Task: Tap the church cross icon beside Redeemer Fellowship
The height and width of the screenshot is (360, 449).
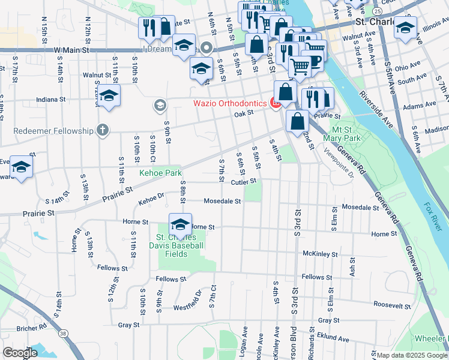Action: pos(103,130)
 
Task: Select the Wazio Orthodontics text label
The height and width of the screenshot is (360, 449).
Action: pos(229,103)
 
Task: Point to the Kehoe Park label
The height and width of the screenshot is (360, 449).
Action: pos(160,173)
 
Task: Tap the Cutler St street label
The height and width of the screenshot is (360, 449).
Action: pos(244,181)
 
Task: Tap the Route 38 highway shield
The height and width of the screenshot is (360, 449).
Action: pos(64,334)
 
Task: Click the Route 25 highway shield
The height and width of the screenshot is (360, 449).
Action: pos(376,11)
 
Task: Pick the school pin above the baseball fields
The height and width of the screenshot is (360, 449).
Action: pos(180,225)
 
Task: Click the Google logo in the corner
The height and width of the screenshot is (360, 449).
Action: pos(20,352)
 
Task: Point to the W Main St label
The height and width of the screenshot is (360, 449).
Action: pos(71,50)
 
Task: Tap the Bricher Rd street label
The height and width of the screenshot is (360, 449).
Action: pos(32,328)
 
